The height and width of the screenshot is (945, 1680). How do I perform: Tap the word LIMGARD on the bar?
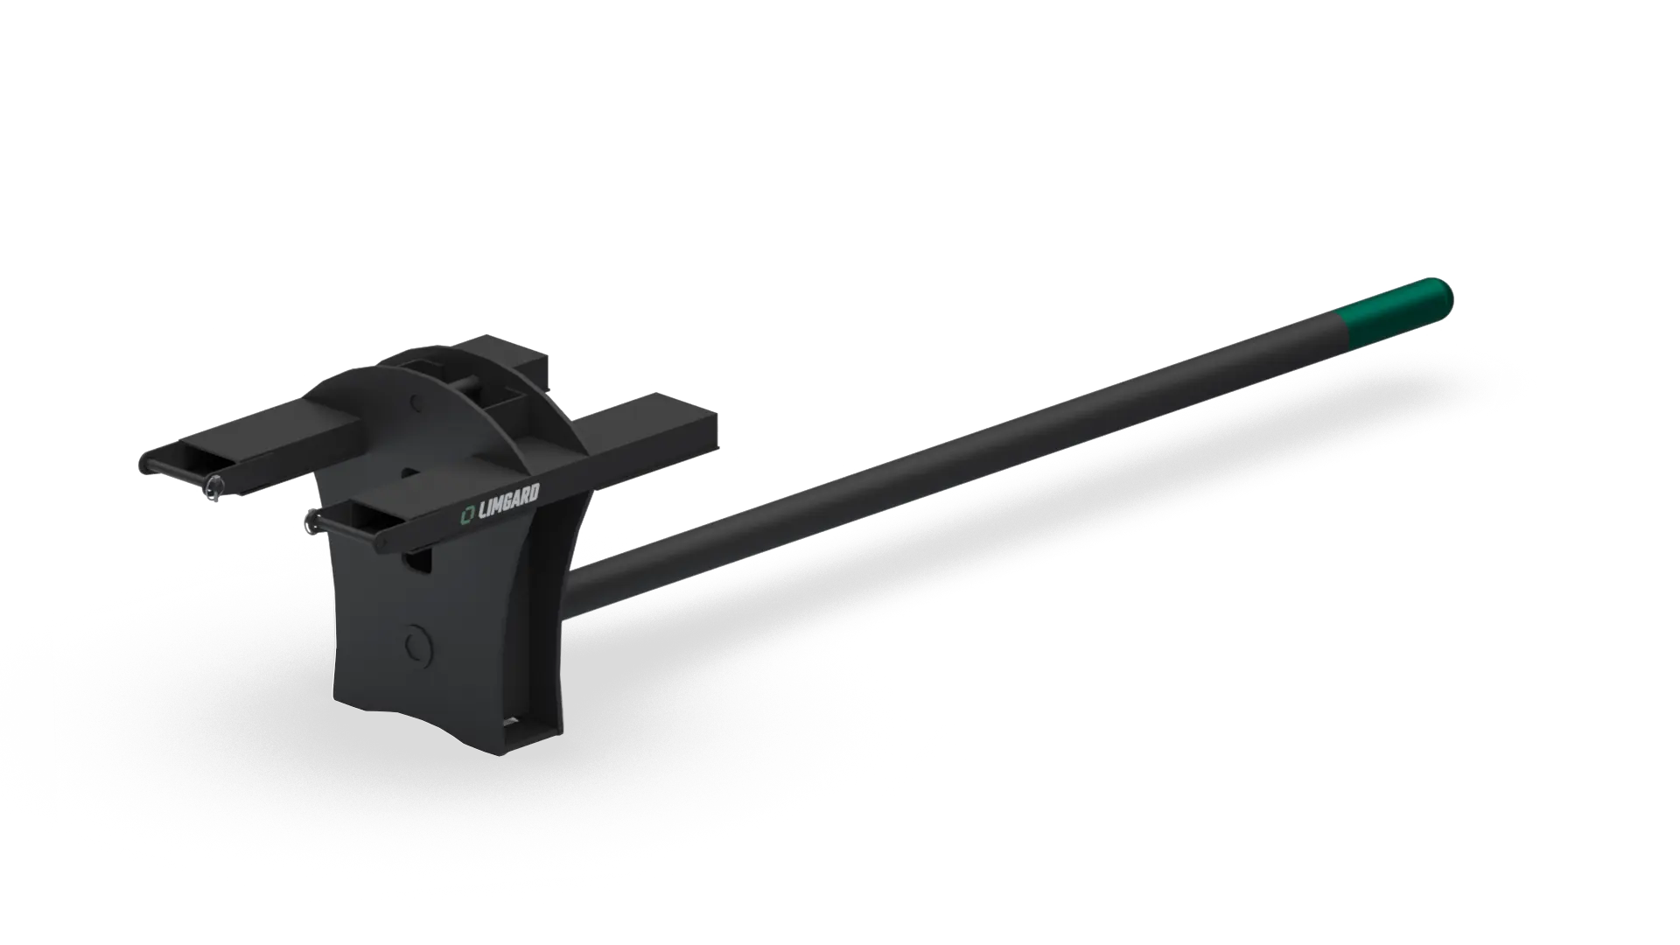507,505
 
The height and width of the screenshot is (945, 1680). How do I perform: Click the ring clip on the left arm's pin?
213,492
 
